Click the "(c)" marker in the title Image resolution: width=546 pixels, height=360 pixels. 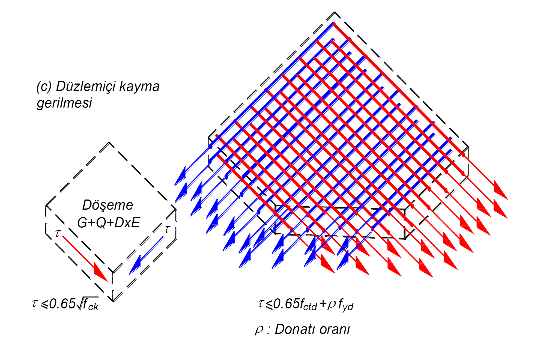(44, 87)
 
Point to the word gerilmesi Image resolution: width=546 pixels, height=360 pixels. (64, 103)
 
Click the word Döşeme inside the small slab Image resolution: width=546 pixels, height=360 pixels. (108, 205)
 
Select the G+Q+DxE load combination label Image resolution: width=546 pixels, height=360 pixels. (109, 223)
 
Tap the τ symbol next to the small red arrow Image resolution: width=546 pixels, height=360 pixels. (58, 233)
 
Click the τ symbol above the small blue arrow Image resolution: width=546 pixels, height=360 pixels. (167, 229)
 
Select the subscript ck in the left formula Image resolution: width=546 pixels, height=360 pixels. (93, 307)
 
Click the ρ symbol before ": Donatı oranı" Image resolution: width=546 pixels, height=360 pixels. (259, 329)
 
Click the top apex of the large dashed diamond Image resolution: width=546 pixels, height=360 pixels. (334, 12)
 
